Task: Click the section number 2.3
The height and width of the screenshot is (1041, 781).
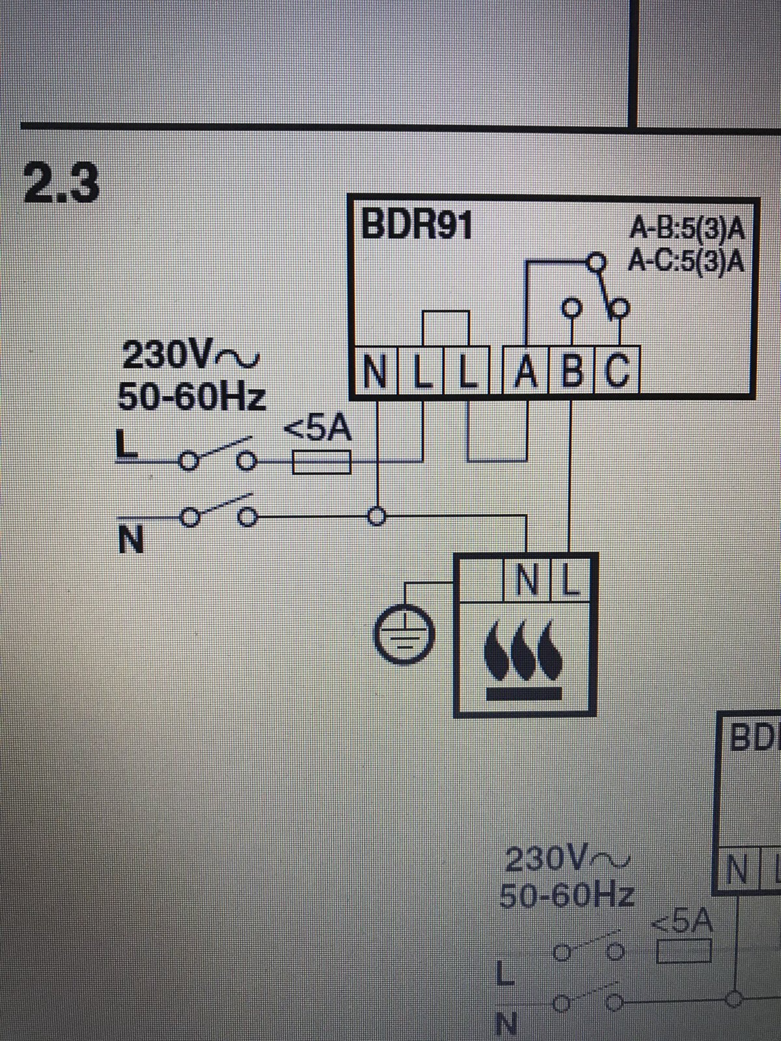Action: pos(62,183)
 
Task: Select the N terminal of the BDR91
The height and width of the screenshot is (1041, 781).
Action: pos(376,373)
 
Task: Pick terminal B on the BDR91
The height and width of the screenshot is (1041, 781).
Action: pos(571,373)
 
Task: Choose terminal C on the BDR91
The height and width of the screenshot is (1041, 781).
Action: pos(617,373)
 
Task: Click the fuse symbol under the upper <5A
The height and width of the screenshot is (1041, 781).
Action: pos(322,463)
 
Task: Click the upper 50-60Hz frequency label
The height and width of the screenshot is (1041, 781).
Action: pos(192,396)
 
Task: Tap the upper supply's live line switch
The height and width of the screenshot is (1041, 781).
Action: pos(217,455)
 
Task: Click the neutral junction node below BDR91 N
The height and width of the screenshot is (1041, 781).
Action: pos(375,518)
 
